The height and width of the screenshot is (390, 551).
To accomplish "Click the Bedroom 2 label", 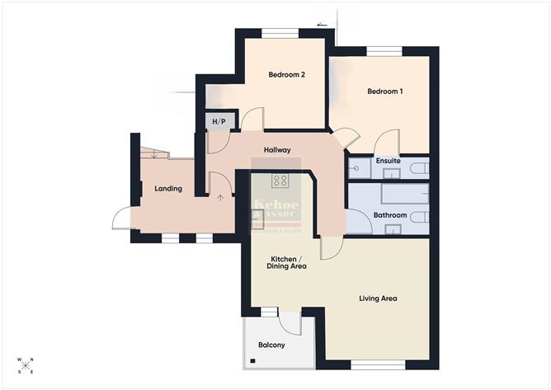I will point(286,75).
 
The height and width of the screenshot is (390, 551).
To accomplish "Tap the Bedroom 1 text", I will point(384,91).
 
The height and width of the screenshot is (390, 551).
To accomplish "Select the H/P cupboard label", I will point(219,123).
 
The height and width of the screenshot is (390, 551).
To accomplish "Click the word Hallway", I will point(276,150).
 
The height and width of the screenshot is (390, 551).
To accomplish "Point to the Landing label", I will point(168,189).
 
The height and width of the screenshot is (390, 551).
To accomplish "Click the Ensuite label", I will point(388,162).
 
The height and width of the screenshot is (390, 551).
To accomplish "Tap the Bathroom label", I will point(389,215).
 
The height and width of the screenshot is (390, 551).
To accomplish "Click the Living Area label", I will point(378,298).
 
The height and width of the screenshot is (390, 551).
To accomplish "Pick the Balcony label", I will point(271,345).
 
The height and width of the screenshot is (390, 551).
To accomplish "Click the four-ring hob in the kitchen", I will point(280,181).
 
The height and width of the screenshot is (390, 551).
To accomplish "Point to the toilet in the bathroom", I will point(419,217).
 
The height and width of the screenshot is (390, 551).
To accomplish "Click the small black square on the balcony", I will point(253,360).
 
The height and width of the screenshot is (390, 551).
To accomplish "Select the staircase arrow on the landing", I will point(219,196).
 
